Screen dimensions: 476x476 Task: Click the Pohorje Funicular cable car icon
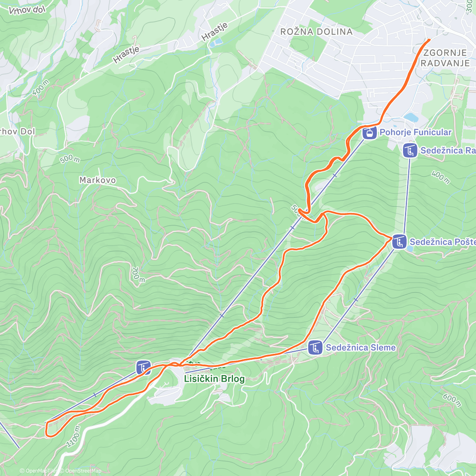(x=369, y=132)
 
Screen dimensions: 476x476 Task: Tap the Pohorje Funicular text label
(x=415, y=132)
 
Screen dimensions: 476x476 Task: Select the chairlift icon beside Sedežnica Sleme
(x=315, y=348)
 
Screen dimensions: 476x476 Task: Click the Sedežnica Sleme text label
(x=361, y=348)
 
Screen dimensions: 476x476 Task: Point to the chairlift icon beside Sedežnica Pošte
(x=399, y=242)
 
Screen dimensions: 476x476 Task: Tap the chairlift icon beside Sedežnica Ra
(x=410, y=151)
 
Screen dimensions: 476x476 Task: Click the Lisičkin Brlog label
(x=214, y=379)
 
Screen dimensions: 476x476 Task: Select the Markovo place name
(x=98, y=180)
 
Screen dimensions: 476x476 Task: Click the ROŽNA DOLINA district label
(x=316, y=32)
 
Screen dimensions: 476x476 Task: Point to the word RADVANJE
(x=445, y=63)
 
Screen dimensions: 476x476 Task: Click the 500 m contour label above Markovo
(x=70, y=159)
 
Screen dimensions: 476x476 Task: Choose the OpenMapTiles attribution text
(x=40, y=471)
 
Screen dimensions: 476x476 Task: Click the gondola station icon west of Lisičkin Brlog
(x=143, y=367)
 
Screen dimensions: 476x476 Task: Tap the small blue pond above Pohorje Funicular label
(x=411, y=117)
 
